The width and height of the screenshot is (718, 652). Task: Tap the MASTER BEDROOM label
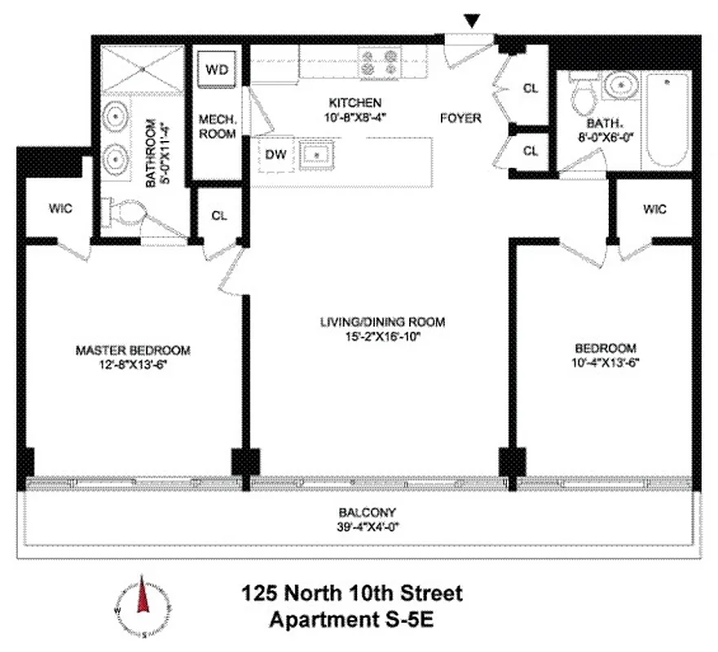pyautogui.click(x=133, y=350)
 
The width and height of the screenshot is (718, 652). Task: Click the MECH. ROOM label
pyautogui.click(x=217, y=126)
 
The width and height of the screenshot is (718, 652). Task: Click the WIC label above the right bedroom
pyautogui.click(x=654, y=209)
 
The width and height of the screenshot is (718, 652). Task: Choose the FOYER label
pyautogui.click(x=461, y=118)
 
